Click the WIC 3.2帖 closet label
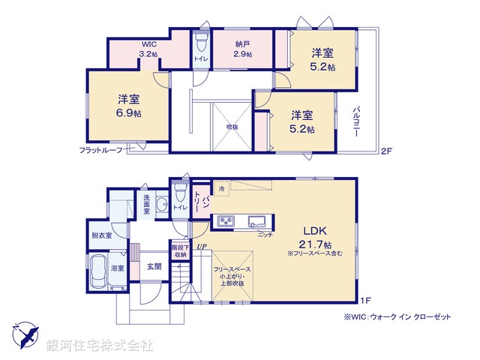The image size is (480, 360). pyautogui.click(x=148, y=49)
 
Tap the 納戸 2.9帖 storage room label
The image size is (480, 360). pyautogui.click(x=242, y=49)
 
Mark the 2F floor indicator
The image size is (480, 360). pyautogui.click(x=386, y=151)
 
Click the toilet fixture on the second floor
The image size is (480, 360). pyautogui.click(x=201, y=41)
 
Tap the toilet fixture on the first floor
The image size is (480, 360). pyautogui.click(x=179, y=190)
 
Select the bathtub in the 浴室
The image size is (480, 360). pyautogui.click(x=98, y=274)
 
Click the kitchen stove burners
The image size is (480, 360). pyautogui.click(x=225, y=220)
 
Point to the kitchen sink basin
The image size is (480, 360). pyautogui.click(x=256, y=220)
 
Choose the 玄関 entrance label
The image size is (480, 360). pyautogui.click(x=154, y=265)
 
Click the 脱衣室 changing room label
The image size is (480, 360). pyautogui.click(x=101, y=235)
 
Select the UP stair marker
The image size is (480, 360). pyautogui.click(x=201, y=245)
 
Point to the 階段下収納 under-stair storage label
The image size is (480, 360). pyautogui.click(x=179, y=250)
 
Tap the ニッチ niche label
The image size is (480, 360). pyautogui.click(x=265, y=235)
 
